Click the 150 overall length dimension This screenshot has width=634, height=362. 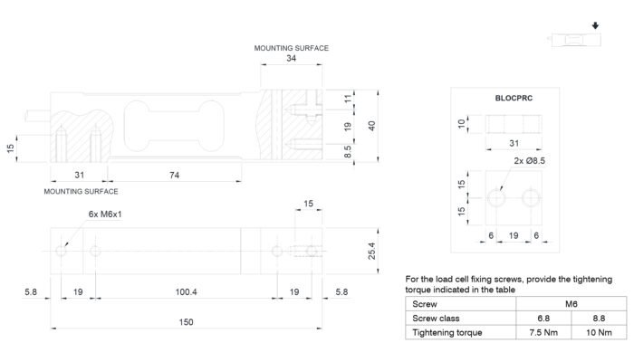tap(186, 322)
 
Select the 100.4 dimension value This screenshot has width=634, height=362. tap(186, 291)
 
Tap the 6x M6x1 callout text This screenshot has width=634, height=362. tap(105, 214)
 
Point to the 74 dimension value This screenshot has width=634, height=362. tap(174, 175)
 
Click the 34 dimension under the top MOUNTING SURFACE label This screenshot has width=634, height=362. tap(291, 58)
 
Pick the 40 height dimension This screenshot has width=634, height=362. tap(371, 126)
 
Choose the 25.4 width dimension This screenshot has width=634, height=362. tap(371, 251)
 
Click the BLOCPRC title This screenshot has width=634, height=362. tap(514, 98)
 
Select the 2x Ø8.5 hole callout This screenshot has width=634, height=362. tap(529, 161)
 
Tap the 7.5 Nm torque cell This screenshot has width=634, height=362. tap(543, 332)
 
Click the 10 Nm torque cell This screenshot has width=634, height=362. tap(599, 332)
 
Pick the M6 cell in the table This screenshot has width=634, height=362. tap(571, 304)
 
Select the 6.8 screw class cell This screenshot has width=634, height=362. tap(543, 319)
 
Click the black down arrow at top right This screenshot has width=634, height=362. tap(595, 26)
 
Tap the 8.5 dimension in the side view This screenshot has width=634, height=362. tap(347, 152)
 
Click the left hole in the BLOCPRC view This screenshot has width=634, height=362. tap(496, 198)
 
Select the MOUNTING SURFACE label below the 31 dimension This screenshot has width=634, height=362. tap(81, 192)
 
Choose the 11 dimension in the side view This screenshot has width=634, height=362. tap(348, 99)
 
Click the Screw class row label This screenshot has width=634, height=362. tap(436, 319)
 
